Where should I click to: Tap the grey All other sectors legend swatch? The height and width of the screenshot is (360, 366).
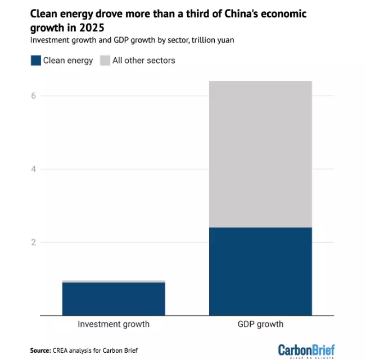point(105,60)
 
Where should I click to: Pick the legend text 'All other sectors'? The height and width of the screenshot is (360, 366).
point(144,61)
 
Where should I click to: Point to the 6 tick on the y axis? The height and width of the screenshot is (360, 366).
point(33,95)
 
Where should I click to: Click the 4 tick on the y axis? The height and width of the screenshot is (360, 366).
point(33,169)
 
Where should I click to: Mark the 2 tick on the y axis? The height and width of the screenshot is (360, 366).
point(33,243)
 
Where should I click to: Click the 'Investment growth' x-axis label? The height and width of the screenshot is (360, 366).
point(114,324)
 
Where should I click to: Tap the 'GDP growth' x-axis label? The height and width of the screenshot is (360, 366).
point(261,324)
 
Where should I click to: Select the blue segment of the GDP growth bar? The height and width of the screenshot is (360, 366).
point(260,271)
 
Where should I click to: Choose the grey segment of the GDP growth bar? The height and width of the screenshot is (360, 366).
point(260,154)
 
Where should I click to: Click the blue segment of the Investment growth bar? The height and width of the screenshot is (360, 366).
point(114,298)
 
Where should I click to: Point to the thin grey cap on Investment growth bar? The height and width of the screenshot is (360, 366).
point(114,281)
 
